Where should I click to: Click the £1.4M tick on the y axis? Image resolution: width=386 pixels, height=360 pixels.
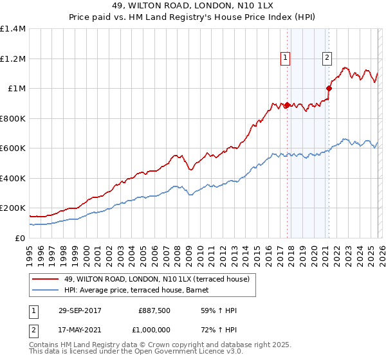(x=13, y=29)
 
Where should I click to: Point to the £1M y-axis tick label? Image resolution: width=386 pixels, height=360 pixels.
(x=17, y=89)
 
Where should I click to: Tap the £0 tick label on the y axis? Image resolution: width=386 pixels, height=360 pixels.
(x=20, y=238)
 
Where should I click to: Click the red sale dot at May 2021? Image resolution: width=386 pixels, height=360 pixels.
(x=329, y=89)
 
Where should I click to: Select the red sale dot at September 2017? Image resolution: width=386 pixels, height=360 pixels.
(x=288, y=105)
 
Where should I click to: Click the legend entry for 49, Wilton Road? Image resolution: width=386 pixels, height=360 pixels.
(x=160, y=278)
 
